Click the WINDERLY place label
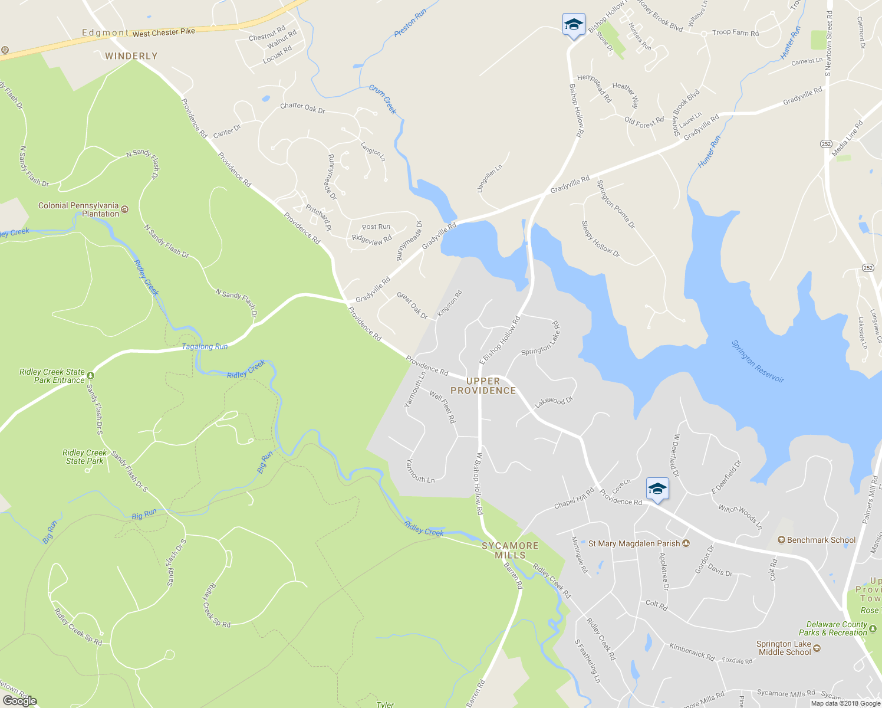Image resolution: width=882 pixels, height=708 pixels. [x=131, y=56]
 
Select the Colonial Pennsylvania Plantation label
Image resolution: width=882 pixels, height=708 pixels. [x=78, y=209]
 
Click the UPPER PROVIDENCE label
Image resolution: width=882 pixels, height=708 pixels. [x=483, y=386]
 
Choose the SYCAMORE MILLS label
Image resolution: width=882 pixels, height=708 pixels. [x=510, y=550]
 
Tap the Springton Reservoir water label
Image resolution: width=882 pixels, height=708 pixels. [x=758, y=361]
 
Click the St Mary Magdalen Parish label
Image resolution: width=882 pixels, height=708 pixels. [x=634, y=543]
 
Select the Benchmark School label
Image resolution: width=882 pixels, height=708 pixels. [x=821, y=540]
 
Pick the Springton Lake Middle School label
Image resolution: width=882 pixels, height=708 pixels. [x=784, y=648]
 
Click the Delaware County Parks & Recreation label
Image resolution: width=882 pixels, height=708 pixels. [x=837, y=628]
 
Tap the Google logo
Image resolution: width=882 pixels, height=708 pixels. [x=19, y=700]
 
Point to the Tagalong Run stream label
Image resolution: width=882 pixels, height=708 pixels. [x=205, y=346]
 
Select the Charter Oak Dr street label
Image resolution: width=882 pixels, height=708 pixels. [x=302, y=107]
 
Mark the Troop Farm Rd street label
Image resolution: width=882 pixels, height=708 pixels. [x=735, y=33]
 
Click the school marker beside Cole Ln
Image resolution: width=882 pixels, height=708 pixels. [x=657, y=489]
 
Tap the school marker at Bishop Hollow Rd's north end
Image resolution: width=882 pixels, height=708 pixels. [x=574, y=25]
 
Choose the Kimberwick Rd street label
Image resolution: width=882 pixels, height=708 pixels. [x=692, y=651]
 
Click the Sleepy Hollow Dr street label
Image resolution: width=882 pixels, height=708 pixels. [x=601, y=239]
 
